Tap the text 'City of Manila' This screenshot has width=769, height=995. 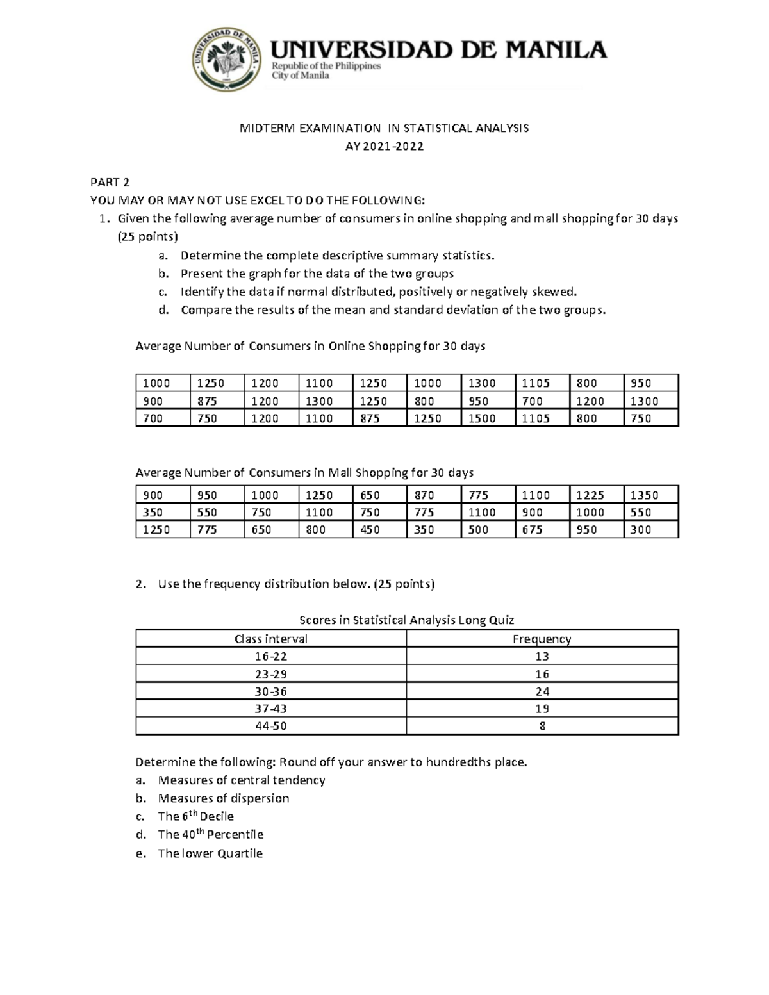click(301, 76)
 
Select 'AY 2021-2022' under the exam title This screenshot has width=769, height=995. click(384, 146)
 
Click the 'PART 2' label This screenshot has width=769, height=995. click(110, 182)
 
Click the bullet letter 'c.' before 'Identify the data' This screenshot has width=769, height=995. click(163, 292)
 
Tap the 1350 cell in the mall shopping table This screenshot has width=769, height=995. click(643, 495)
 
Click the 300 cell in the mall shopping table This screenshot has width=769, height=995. click(640, 530)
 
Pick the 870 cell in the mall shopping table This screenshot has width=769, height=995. click(424, 495)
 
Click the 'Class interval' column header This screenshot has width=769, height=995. click(270, 639)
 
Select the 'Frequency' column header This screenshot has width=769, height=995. click(542, 639)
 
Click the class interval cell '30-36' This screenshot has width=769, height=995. click(270, 691)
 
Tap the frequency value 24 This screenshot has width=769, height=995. click(542, 691)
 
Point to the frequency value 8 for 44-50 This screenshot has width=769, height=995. click(542, 726)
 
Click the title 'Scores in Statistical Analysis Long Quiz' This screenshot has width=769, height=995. click(407, 620)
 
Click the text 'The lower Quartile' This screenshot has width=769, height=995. click(210, 853)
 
